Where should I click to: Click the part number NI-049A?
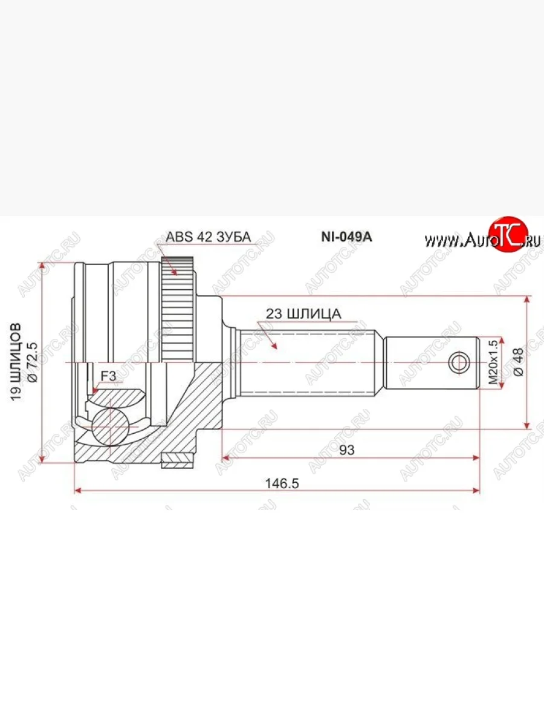346,237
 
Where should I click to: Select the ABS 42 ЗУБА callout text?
208,237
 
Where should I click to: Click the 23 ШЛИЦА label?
303,313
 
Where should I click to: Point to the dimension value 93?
346,450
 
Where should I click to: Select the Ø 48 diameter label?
517,362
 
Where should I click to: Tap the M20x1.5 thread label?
493,362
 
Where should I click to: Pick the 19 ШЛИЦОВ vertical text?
17,361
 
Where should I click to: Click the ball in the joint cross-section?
111,427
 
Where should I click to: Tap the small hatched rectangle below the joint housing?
179,463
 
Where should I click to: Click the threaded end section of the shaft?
432,362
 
